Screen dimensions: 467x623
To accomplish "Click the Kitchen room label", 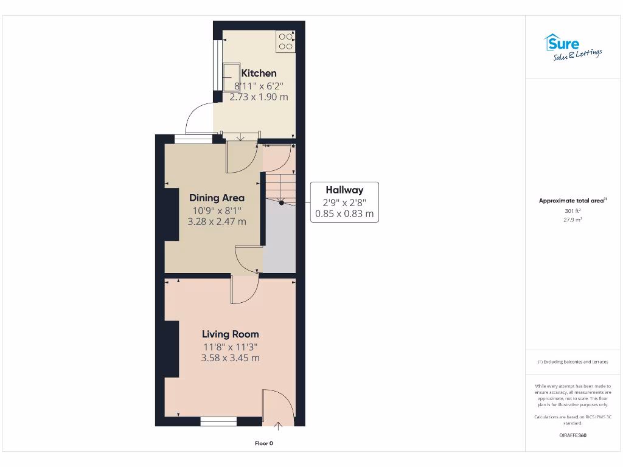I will click(259, 73).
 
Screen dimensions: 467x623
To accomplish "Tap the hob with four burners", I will click(285, 41).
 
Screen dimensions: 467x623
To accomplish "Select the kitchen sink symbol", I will click(231, 73).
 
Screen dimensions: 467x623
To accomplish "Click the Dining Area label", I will click(217, 198).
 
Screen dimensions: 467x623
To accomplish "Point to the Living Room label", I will click(230, 334).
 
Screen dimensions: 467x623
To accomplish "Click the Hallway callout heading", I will click(344, 190).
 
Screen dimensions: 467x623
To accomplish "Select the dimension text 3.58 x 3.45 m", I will click(230, 358).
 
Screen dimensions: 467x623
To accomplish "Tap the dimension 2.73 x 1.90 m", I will click(259, 97).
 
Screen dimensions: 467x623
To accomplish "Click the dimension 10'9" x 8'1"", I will click(217, 210).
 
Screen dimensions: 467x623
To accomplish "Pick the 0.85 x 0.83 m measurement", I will click(344, 214).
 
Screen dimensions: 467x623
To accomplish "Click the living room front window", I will click(218, 420).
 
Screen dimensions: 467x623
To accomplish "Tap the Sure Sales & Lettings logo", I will click(572, 47).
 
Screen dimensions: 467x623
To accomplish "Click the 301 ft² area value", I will click(572, 211).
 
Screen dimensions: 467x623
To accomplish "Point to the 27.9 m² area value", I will click(572, 220).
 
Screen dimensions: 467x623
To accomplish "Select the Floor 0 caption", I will click(263, 443).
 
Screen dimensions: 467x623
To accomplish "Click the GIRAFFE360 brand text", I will click(572, 435).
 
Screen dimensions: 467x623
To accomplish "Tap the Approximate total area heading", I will click(572, 201).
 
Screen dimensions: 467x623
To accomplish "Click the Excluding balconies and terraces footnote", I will click(572, 362).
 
